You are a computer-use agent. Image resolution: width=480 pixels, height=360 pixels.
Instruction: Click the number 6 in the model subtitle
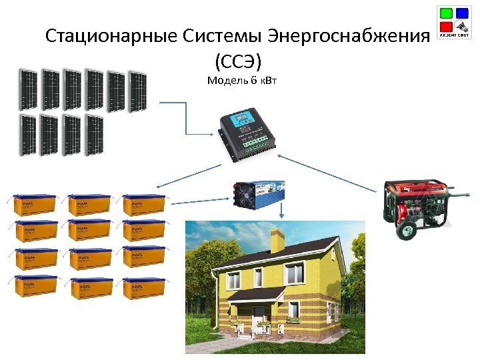[x=251, y=81]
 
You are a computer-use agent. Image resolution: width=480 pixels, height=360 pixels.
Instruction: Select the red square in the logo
[x=445, y=27]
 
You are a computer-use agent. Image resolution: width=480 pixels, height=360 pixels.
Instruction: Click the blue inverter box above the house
[x=259, y=191]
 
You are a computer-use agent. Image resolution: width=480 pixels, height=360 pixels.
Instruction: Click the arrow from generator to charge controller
[x=327, y=171]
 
